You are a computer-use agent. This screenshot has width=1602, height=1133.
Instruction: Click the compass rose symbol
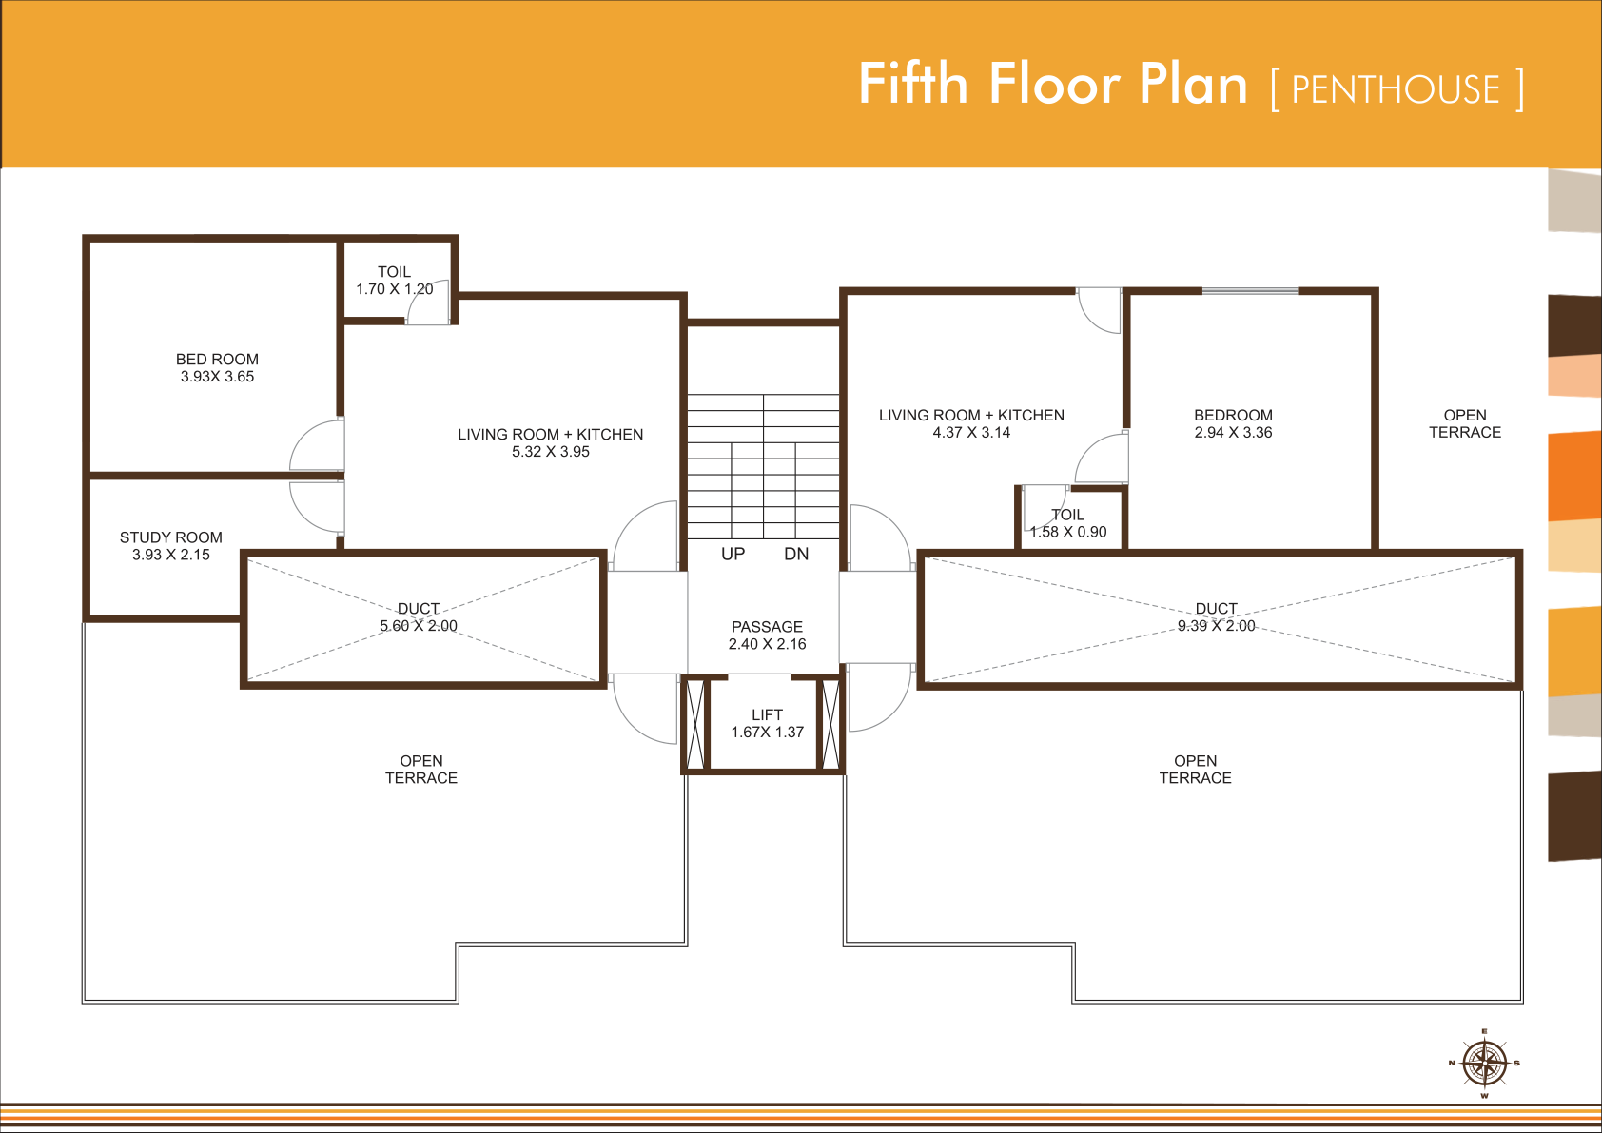[1485, 1063]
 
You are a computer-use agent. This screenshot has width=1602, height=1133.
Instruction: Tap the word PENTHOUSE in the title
[1396, 89]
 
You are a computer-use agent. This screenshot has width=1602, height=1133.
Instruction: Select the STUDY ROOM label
[171, 537]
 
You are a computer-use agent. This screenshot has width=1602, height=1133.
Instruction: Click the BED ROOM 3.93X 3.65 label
[218, 367]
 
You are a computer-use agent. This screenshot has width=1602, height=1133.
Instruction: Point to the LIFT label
[767, 714]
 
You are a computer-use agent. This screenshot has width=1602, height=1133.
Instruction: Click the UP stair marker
[733, 554]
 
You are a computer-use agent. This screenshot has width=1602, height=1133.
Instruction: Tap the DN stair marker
[796, 554]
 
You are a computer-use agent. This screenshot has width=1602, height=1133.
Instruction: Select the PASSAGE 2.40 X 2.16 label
[767, 635]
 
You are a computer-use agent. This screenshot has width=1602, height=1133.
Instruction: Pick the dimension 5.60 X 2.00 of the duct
[419, 626]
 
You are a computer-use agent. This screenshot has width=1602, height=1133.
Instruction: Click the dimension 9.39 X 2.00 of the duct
[1217, 626]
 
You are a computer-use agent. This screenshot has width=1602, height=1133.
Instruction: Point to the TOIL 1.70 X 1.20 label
[395, 281]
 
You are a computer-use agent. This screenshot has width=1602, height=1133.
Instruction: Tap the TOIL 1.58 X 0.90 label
[1067, 523]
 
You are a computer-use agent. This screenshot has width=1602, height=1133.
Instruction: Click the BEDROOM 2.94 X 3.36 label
[1233, 423]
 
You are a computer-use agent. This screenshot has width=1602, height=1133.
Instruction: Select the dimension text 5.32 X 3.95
[551, 452]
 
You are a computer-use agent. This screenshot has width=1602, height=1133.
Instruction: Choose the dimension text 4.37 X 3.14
[971, 433]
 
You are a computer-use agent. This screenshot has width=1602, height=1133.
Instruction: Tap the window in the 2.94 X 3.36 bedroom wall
[1250, 291]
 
